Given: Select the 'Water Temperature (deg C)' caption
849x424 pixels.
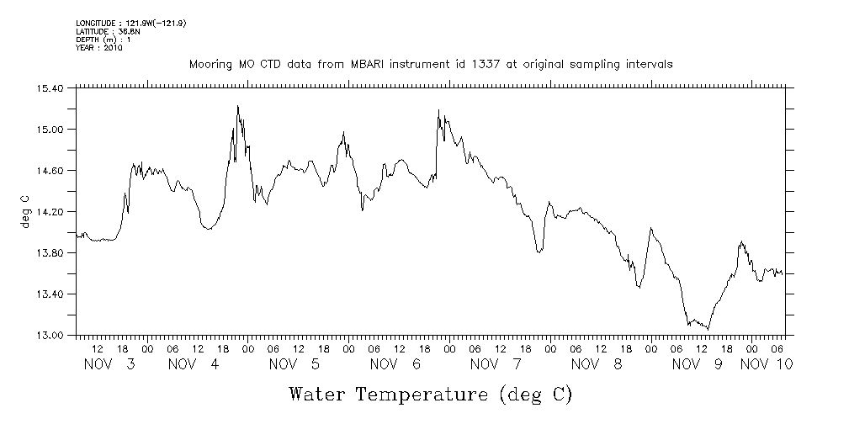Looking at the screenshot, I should [431, 394].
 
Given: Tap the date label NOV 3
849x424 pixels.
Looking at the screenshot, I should [110, 364].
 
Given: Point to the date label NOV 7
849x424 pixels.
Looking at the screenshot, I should [496, 364].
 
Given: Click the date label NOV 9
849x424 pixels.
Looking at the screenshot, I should [698, 364].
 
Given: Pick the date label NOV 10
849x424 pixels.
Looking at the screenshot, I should [767, 364].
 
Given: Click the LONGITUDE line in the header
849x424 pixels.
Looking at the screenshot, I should [130, 23].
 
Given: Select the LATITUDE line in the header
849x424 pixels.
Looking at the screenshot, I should [107, 31].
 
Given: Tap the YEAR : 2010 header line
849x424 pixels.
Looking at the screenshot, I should [99, 48].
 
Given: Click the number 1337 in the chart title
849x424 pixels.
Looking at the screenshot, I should [500, 65].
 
